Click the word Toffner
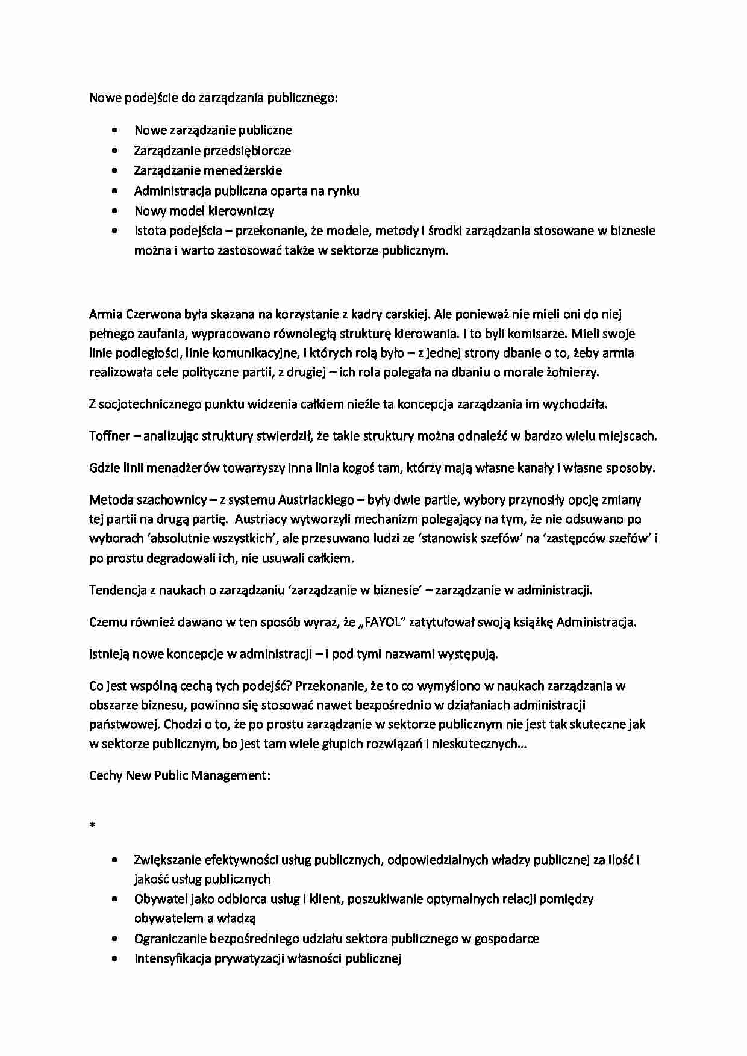tap(110, 436)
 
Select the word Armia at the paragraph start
tap(106, 314)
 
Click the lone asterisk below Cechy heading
tap(92, 826)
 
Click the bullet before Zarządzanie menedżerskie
tap(114, 171)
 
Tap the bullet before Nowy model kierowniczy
tap(114, 211)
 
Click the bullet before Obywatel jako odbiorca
tap(114, 899)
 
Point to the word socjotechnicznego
tap(151, 404)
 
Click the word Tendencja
tap(117, 590)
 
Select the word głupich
tap(308, 744)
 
